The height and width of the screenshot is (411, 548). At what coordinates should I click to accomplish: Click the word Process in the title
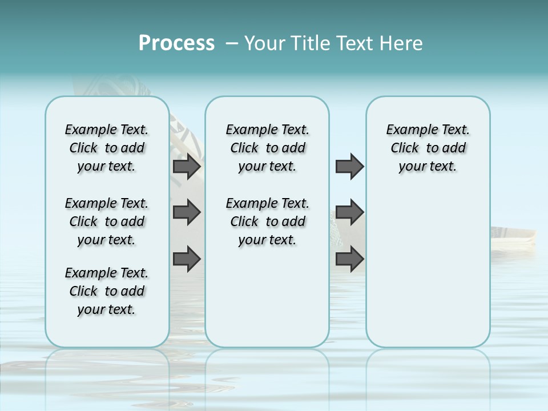(x=176, y=43)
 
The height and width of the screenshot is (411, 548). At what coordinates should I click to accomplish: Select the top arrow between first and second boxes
(x=187, y=167)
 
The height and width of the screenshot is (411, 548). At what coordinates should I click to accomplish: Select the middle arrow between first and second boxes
(x=187, y=212)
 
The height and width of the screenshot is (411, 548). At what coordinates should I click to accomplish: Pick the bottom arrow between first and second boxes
(x=187, y=259)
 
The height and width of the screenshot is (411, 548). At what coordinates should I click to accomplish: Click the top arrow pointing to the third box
(x=349, y=167)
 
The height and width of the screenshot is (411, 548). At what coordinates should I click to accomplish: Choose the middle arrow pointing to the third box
(x=349, y=212)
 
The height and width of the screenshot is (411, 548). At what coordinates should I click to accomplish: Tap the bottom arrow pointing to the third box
(x=349, y=259)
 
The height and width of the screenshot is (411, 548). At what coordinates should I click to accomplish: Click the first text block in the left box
(x=107, y=148)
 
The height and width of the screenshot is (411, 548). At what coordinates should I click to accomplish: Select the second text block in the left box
(x=107, y=221)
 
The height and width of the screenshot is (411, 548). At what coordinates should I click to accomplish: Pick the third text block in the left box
(x=107, y=291)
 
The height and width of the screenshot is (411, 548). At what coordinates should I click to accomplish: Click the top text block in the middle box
(x=268, y=148)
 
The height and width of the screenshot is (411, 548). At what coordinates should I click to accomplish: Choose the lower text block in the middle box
(x=268, y=221)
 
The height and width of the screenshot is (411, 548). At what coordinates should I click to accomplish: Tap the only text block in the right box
(x=428, y=148)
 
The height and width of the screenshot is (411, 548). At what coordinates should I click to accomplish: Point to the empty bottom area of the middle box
(x=267, y=303)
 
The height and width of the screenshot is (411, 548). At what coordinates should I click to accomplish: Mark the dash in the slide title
(x=232, y=43)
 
